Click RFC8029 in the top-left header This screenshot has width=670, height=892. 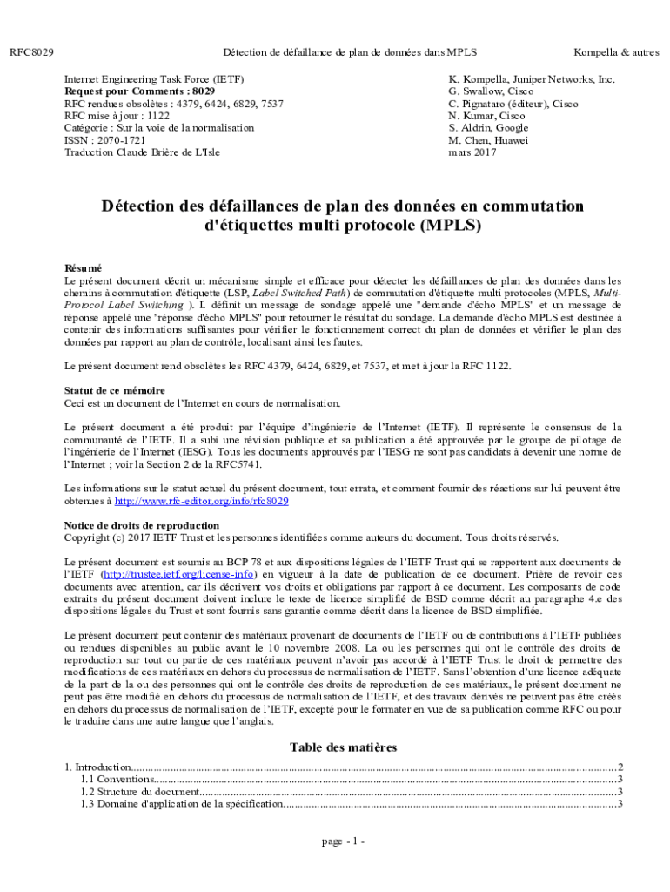click(x=31, y=53)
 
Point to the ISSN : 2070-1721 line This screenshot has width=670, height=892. click(x=105, y=139)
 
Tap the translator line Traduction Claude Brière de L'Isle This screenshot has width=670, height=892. click(x=149, y=152)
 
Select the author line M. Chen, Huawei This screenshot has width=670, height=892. click(x=488, y=139)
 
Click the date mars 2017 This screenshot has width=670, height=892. click(x=472, y=152)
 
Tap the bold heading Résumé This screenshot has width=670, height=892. click(x=84, y=268)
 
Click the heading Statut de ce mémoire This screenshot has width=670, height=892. click(x=115, y=390)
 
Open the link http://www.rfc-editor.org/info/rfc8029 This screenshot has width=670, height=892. click(x=202, y=501)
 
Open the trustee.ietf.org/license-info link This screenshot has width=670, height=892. click(x=178, y=574)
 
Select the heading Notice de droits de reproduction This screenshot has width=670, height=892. click(x=142, y=525)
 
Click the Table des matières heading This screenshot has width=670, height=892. click(x=343, y=747)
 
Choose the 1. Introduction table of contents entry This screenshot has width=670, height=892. click(x=98, y=767)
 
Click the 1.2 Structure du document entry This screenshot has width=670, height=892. click(x=140, y=791)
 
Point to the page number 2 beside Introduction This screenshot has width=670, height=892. click(x=620, y=767)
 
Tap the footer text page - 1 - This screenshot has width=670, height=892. click(x=343, y=841)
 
